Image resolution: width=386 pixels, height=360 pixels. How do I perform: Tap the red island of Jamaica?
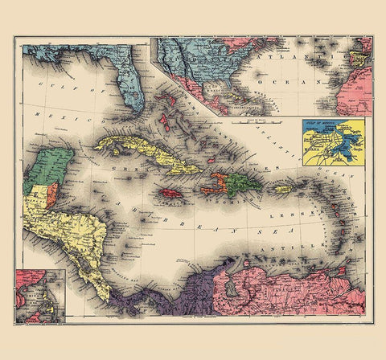(x=171, y=194)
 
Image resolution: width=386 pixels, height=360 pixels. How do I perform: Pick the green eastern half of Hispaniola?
(x=240, y=186)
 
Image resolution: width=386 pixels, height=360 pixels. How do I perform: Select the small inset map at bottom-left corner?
(x=39, y=297)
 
